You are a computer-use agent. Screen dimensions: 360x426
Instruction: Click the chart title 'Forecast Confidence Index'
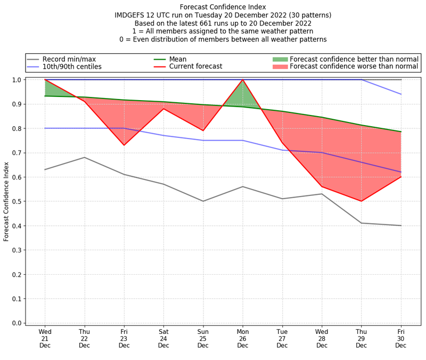coord(223,7)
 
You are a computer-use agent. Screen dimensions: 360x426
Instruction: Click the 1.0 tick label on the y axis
coord(17,80)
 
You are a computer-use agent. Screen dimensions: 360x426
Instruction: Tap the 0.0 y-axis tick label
coord(17,323)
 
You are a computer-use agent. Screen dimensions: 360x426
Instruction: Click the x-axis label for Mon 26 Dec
coord(243,338)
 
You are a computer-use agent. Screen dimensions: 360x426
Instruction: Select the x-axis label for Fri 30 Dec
coord(401,338)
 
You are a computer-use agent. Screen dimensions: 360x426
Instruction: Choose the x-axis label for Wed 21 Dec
coord(45,338)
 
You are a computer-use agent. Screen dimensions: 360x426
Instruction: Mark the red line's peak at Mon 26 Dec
coord(243,80)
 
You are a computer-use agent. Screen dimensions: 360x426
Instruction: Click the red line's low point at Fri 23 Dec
coord(124,145)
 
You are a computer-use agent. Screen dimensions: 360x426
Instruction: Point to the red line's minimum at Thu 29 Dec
coord(362,201)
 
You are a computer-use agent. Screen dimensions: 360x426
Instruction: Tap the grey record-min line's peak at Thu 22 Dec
coord(84,158)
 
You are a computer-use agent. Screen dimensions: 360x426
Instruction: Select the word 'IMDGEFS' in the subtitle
coord(130,15)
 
